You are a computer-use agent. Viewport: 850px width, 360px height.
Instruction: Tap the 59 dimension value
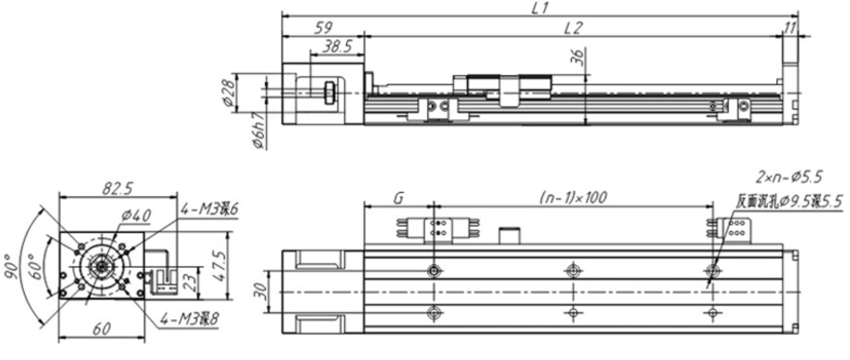pyautogui.click(x=323, y=28)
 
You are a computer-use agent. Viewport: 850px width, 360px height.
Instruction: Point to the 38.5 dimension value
pyautogui.click(x=337, y=46)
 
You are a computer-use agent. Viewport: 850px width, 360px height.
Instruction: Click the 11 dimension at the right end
pyautogui.click(x=791, y=28)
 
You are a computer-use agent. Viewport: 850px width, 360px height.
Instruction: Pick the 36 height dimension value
pyautogui.click(x=578, y=57)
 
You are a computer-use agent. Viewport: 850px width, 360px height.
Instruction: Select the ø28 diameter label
pyautogui.click(x=229, y=92)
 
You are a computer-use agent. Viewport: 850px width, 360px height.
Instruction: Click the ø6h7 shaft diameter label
pyautogui.click(x=258, y=130)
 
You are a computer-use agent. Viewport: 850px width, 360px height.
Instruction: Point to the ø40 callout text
pyautogui.click(x=136, y=216)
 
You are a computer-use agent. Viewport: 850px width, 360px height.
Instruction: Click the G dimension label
pyautogui.click(x=398, y=198)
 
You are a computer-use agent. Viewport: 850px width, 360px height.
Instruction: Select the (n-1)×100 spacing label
pyautogui.click(x=573, y=197)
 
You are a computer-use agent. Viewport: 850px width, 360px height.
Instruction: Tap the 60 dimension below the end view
pyautogui.click(x=101, y=329)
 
